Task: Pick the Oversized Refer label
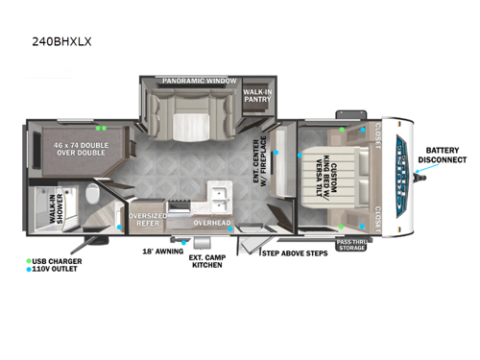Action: pyautogui.click(x=148, y=220)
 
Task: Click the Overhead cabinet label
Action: pyautogui.click(x=211, y=223)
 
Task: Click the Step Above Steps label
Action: pyautogui.click(x=295, y=253)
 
